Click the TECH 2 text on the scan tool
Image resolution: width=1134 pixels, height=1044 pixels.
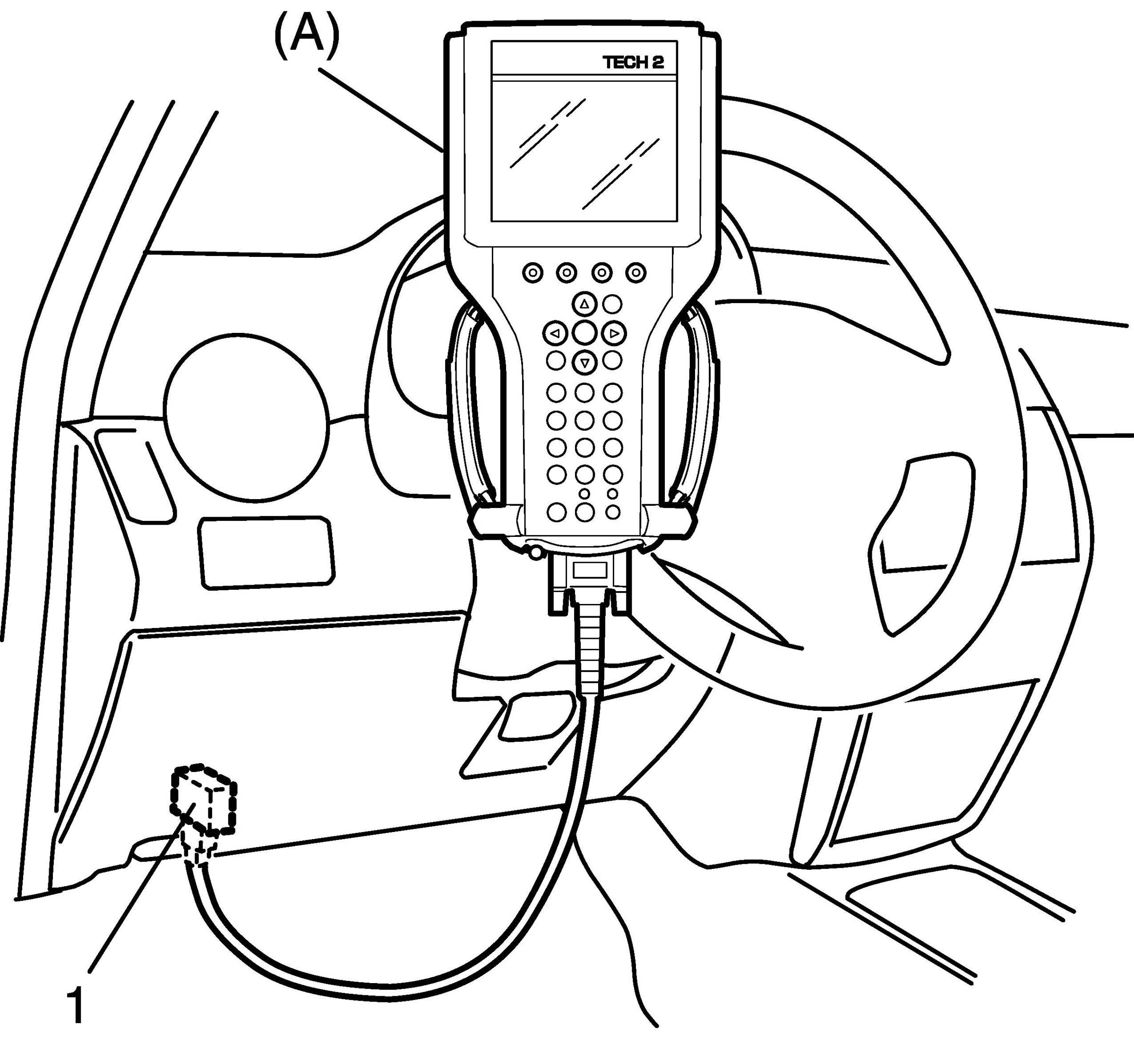633,62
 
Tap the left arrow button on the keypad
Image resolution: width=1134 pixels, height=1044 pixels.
555,333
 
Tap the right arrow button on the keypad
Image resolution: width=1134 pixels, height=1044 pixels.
614,333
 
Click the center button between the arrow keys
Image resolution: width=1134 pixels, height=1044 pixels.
584,333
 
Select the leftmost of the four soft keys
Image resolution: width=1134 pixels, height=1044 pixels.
533,273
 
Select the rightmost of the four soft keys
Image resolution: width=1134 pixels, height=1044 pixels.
636,273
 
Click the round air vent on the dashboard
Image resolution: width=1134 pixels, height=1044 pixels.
247,417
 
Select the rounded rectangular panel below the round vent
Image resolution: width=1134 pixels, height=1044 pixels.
266,552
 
